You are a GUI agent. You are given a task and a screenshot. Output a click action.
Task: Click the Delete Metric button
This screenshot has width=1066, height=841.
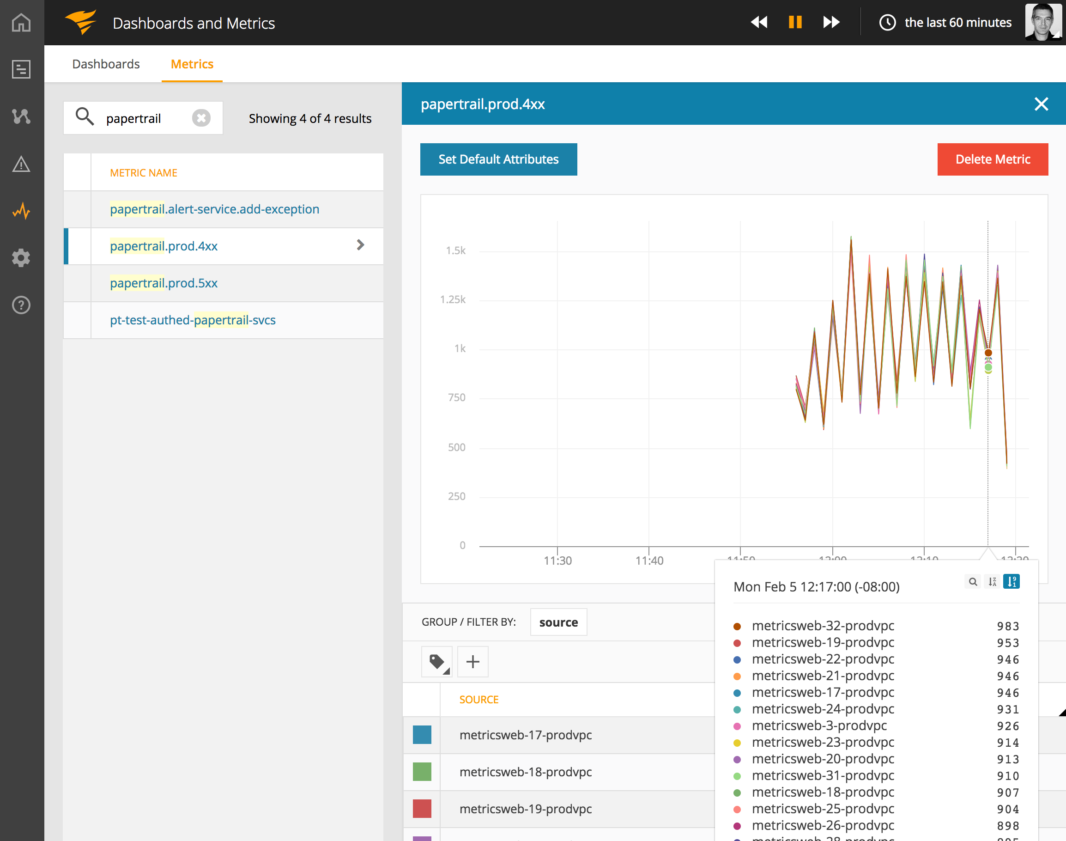point(992,159)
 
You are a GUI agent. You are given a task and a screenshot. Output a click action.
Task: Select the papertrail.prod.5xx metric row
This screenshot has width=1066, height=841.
point(164,283)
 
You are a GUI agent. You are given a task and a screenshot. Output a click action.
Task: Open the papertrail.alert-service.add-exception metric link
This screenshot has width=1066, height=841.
point(215,209)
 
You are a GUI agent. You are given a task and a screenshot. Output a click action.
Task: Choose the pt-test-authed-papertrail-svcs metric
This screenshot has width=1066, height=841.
point(193,320)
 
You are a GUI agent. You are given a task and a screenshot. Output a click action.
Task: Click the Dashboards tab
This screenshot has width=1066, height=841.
point(106,64)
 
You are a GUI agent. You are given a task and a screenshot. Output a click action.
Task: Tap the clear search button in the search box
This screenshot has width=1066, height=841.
point(201,118)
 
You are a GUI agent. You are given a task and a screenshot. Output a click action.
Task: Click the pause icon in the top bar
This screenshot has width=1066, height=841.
point(795,22)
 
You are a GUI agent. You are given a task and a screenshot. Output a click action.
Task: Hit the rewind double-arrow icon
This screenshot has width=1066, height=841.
point(759,22)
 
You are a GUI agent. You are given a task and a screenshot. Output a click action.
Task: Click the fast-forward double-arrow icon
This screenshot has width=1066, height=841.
point(831,22)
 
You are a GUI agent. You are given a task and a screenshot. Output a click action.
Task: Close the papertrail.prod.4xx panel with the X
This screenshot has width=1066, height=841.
point(1041,104)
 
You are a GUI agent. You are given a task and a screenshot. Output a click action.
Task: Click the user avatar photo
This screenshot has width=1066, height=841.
point(1042,22)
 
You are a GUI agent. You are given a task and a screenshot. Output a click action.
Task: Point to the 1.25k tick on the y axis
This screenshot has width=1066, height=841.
point(453,299)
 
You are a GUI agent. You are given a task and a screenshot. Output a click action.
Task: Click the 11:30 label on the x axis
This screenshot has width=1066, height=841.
point(557,561)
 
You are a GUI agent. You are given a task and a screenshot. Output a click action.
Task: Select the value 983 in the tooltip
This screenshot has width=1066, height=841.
point(1007,626)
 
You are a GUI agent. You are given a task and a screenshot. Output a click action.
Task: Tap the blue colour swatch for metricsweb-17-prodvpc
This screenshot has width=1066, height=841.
point(422,735)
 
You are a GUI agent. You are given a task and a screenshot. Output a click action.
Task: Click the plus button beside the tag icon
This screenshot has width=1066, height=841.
point(472,661)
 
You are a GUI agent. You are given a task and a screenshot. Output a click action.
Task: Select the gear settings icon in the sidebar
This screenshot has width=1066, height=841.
point(21,257)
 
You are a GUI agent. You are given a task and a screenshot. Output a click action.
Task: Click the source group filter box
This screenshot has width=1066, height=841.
point(558,622)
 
